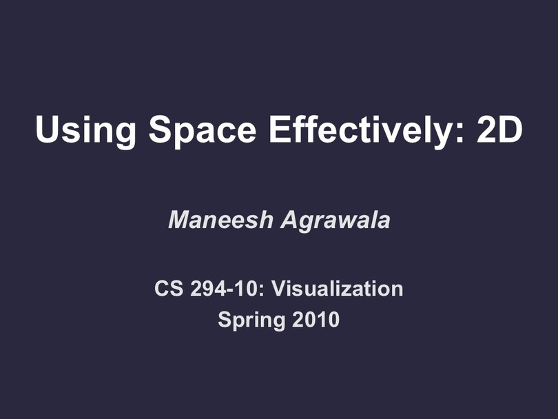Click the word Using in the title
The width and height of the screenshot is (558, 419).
pos(85,131)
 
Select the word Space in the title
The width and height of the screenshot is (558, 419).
pos(202,131)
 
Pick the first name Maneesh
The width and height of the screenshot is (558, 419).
pos(220,220)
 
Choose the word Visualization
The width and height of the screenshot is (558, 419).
pos(338,288)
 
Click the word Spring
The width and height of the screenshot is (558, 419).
pos(251,320)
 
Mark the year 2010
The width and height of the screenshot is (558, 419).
pos(316,319)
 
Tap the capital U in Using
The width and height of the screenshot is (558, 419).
pos(48,129)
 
